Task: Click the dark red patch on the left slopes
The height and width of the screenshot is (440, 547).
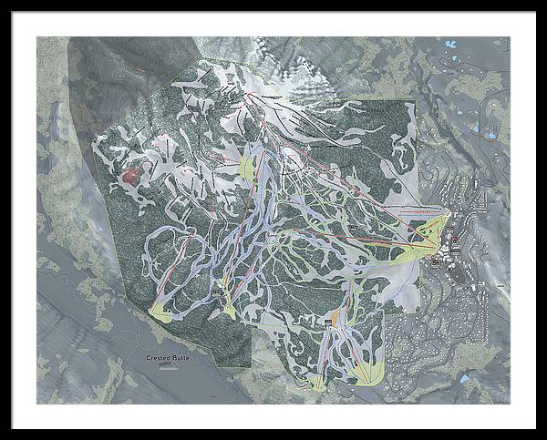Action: coord(133,175)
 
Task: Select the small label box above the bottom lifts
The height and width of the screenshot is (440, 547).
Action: coord(328,322)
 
